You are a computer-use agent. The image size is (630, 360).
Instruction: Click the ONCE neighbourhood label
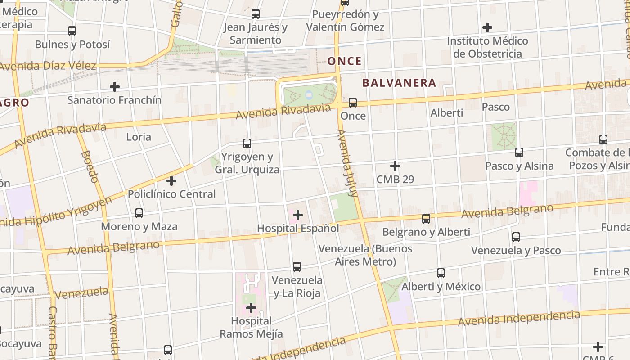(344, 61)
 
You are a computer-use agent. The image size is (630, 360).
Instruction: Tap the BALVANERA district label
(399, 83)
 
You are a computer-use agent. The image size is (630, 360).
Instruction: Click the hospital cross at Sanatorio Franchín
(115, 86)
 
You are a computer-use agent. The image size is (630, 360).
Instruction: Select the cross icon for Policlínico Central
(171, 181)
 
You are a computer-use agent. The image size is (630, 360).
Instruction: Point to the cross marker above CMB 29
(395, 166)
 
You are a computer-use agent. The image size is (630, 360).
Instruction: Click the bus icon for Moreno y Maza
(139, 213)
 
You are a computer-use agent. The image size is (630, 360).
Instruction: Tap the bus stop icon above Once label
(353, 103)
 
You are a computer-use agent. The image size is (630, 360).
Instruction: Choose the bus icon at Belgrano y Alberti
(426, 219)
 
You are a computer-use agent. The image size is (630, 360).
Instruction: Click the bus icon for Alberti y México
(441, 273)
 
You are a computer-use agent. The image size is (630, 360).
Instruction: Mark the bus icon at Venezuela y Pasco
(516, 237)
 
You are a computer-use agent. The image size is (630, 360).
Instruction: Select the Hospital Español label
(298, 228)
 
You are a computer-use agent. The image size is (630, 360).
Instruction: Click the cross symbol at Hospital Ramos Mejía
(251, 308)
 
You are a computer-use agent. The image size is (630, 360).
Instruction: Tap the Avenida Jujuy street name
(347, 163)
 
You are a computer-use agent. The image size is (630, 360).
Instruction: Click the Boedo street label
(90, 166)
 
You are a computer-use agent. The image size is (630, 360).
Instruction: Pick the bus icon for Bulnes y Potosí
(72, 31)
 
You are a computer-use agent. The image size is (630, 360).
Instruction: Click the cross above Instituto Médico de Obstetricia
(487, 27)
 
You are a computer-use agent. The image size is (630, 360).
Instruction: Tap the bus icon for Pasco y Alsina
(519, 153)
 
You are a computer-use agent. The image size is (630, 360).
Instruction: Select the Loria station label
(139, 137)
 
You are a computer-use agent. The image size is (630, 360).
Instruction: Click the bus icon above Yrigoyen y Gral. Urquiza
(247, 144)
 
